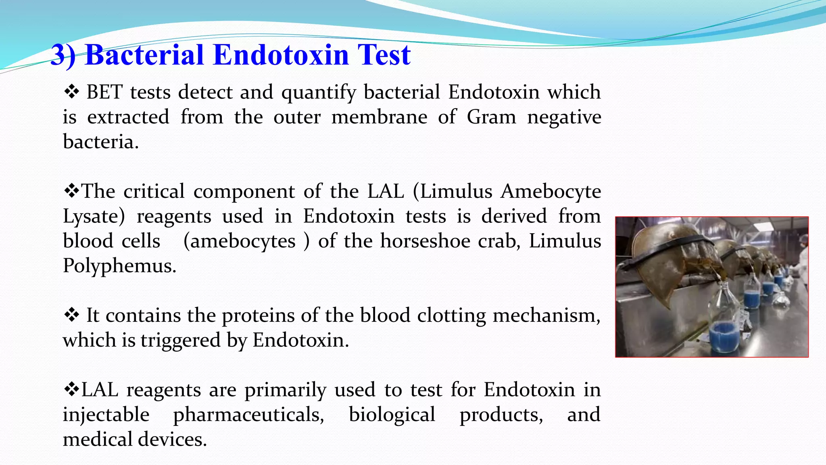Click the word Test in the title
pos(384,55)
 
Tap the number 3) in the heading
pos(64,56)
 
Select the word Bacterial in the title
pos(144,55)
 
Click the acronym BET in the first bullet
pos(104,92)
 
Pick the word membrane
pos(379,117)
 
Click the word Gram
pos(491,117)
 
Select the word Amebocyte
pos(551,191)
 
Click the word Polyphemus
pos(119,266)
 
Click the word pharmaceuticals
pos(248,415)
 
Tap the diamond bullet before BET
pos(71,92)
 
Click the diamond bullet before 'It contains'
pos(71,315)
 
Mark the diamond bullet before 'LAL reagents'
pos(71,390)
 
